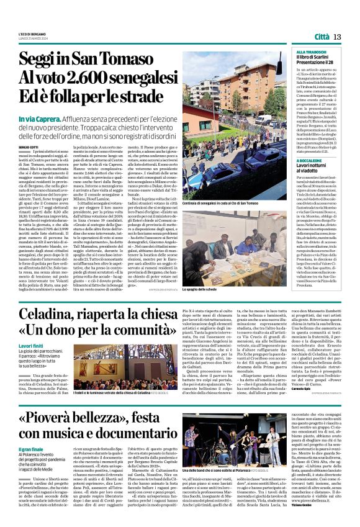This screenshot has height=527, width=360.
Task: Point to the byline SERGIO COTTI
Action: (29, 129)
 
